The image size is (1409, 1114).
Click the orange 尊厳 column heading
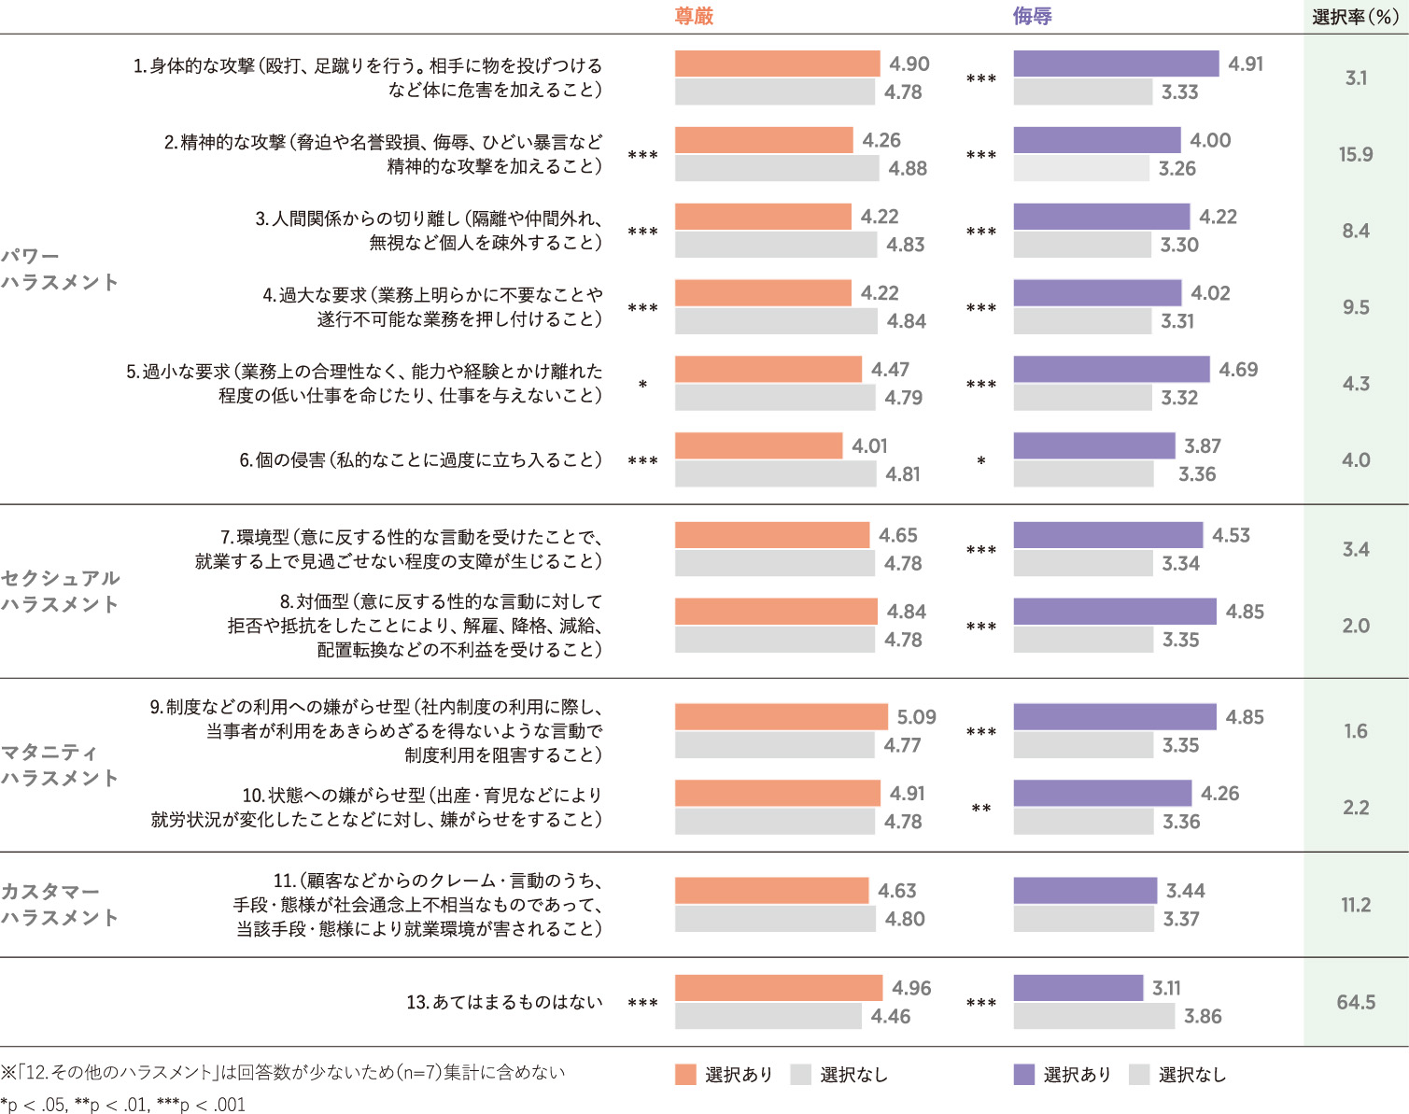694,16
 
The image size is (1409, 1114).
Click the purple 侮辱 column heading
1033,16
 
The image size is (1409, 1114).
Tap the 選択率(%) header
1355,17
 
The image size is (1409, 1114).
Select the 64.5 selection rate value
1356,1002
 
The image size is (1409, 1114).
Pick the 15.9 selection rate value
1356,154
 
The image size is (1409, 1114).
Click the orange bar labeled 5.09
781,717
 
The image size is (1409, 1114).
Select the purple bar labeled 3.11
1078,988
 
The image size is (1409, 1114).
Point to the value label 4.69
1238,370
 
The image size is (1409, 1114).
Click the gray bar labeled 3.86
1093,1016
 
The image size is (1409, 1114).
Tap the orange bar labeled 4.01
758,446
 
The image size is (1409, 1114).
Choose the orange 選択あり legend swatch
685,1075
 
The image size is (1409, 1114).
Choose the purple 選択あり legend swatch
1024,1075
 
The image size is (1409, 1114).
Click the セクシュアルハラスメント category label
61,591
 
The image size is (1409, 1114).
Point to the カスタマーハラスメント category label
61,904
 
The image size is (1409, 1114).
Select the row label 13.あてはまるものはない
504,1002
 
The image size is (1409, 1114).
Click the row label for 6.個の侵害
420,460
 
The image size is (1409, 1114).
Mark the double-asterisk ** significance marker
981,809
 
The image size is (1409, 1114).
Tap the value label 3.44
1185,891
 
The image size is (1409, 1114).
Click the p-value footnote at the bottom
122,1105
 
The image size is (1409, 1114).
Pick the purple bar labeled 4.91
1116,63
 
